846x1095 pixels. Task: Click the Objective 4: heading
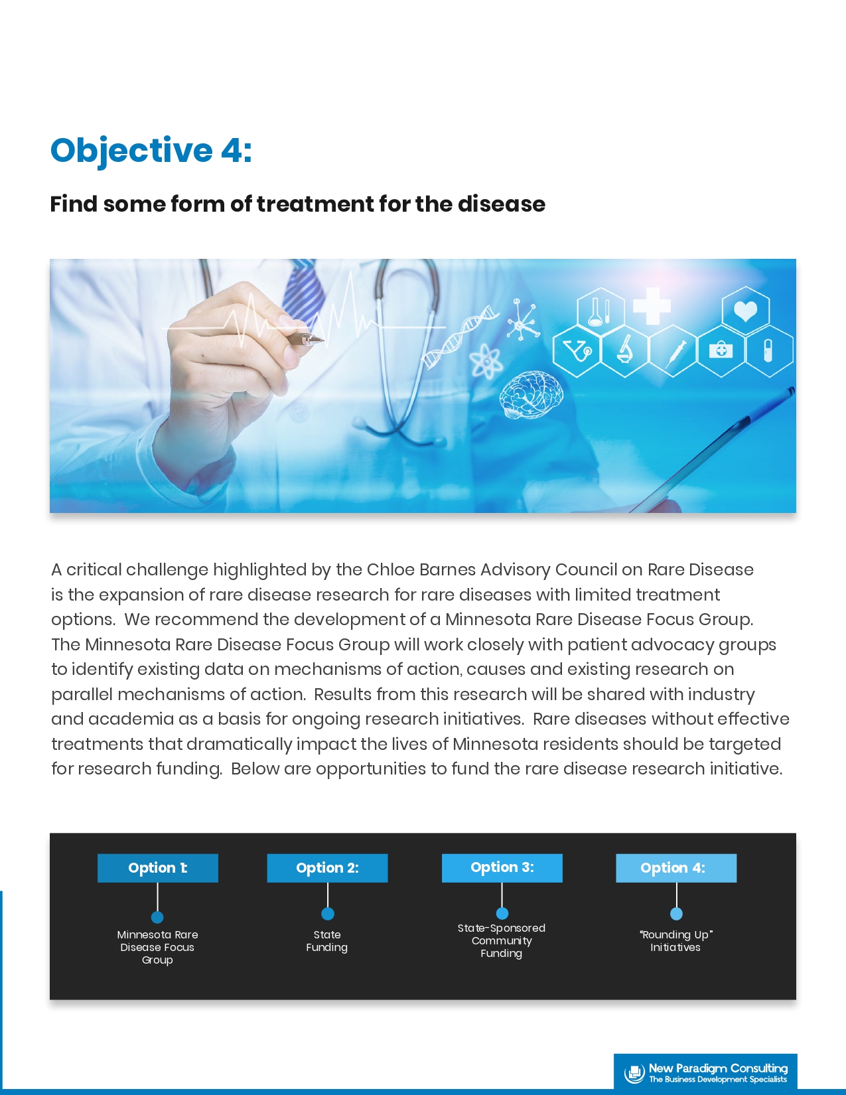(x=151, y=151)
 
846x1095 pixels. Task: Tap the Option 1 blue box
(x=158, y=868)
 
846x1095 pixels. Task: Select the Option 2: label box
(x=328, y=868)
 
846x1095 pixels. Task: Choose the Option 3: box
(x=502, y=868)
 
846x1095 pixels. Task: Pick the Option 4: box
(x=676, y=868)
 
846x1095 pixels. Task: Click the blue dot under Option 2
(x=328, y=914)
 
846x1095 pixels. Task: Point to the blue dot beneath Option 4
(x=676, y=914)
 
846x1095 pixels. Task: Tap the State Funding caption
(x=327, y=941)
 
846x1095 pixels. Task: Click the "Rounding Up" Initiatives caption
(x=675, y=941)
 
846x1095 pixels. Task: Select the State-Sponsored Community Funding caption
(x=502, y=940)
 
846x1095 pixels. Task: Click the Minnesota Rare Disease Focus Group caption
(x=157, y=948)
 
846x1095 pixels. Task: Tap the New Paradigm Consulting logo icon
(x=634, y=1073)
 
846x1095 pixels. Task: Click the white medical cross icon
(x=652, y=306)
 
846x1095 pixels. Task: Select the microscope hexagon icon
(x=625, y=350)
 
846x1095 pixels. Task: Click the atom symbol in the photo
(x=486, y=361)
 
